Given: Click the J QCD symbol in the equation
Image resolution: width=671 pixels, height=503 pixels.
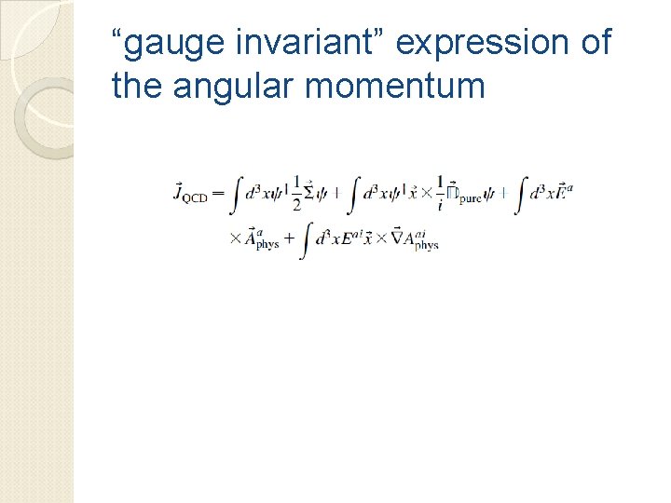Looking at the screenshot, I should click(x=190, y=194).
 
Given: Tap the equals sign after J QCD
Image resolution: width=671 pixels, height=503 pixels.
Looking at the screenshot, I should click(x=219, y=194).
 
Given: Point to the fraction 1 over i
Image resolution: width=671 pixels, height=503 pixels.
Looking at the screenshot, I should click(x=440, y=192).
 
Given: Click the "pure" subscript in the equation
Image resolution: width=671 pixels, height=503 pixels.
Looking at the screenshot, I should click(x=470, y=198).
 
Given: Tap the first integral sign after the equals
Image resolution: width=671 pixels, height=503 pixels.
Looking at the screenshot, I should click(x=238, y=193).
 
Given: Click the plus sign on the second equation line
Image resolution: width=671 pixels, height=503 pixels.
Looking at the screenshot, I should click(x=288, y=238).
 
